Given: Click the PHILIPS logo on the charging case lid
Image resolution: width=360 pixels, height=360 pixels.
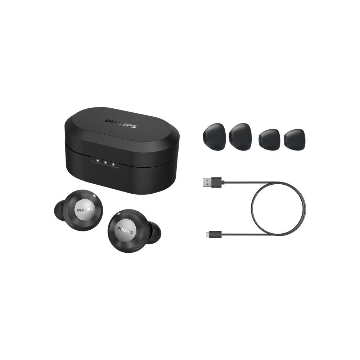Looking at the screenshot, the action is pyautogui.click(x=121, y=124).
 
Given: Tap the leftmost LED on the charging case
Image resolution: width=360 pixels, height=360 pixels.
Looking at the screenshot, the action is pyautogui.click(x=98, y=161).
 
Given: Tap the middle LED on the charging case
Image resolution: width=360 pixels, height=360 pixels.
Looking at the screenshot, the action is pyautogui.click(x=105, y=162).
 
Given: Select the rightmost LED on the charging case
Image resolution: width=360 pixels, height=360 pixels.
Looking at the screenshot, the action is pyautogui.click(x=113, y=164).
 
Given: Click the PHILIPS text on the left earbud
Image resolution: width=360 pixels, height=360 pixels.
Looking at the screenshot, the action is pyautogui.click(x=85, y=210).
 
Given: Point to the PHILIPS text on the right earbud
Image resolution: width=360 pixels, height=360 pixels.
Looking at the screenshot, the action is pyautogui.click(x=125, y=230).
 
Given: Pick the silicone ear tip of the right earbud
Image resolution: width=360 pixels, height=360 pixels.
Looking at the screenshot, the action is pyautogui.click(x=154, y=233).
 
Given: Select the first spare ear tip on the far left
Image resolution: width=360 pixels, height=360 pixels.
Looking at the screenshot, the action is pyautogui.click(x=214, y=137).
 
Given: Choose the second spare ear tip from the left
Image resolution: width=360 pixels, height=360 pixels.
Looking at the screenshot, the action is pyautogui.click(x=240, y=137).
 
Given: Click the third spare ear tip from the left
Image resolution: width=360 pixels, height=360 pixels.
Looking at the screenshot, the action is pyautogui.click(x=269, y=138).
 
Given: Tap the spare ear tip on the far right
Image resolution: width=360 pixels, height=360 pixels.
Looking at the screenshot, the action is pyautogui.click(x=294, y=138).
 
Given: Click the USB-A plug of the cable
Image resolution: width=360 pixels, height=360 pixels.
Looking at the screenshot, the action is pyautogui.click(x=212, y=183).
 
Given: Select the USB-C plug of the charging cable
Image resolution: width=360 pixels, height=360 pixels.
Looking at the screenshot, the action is pyautogui.click(x=214, y=234).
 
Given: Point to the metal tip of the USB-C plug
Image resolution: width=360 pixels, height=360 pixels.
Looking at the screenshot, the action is pyautogui.click(x=208, y=234).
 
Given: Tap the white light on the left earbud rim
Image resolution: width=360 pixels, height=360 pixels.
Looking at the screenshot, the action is pyautogui.click(x=94, y=195).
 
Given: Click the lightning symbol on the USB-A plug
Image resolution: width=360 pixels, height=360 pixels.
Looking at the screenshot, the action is pyautogui.click(x=216, y=183).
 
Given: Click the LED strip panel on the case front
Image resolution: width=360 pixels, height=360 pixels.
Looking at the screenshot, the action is pyautogui.click(x=105, y=162).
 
